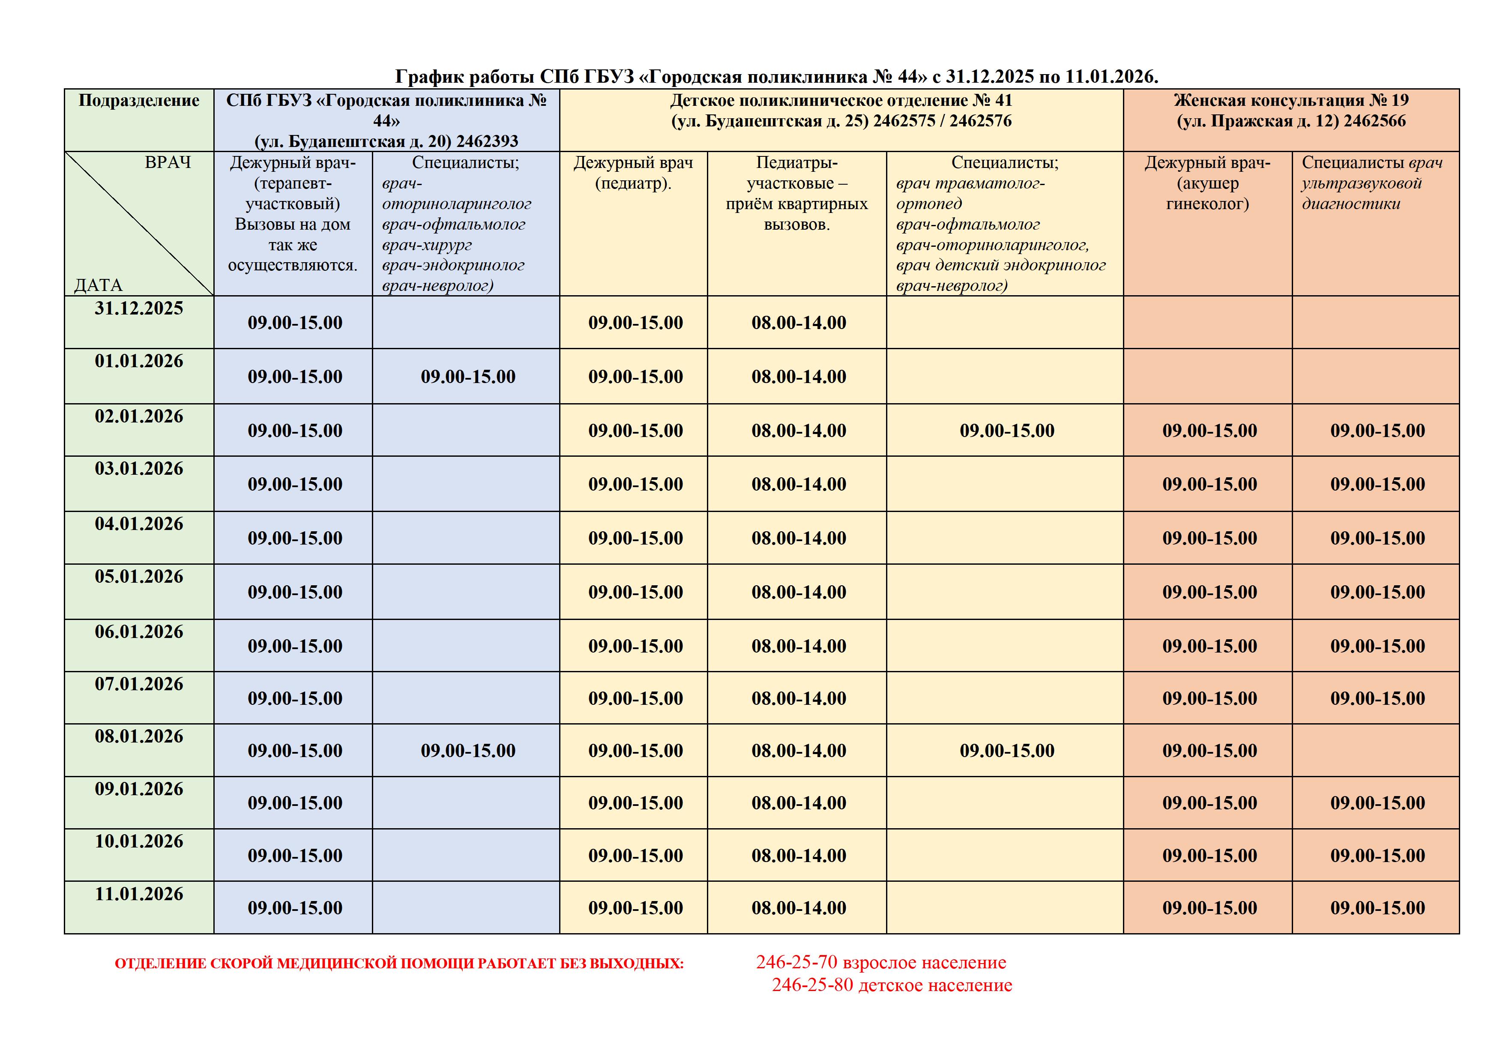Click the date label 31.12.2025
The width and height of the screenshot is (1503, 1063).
(x=139, y=308)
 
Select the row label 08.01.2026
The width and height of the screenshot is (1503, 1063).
(x=139, y=737)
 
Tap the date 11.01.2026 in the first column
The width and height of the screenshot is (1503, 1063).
(x=139, y=894)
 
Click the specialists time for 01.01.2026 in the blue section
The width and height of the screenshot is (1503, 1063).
(x=468, y=377)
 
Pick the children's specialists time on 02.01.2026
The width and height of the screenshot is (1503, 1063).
(x=1007, y=431)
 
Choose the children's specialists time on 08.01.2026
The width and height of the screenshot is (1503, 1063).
(x=1007, y=751)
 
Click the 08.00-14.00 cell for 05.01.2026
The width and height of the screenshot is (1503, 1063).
(x=799, y=593)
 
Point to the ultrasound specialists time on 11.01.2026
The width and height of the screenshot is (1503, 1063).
(x=1377, y=908)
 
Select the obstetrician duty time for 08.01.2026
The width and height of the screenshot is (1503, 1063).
(x=1210, y=751)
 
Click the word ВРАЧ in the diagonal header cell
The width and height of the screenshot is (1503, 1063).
(x=168, y=162)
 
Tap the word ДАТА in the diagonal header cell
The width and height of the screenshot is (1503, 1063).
(x=98, y=285)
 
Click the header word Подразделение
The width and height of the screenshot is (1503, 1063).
(x=139, y=100)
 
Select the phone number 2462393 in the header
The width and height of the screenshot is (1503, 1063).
(x=487, y=141)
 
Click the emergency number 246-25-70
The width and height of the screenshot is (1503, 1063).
(x=796, y=962)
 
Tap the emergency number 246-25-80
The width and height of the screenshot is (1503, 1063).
(x=812, y=985)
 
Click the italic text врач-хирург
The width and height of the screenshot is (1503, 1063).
(x=427, y=245)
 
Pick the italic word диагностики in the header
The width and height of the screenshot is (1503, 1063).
(x=1350, y=204)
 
